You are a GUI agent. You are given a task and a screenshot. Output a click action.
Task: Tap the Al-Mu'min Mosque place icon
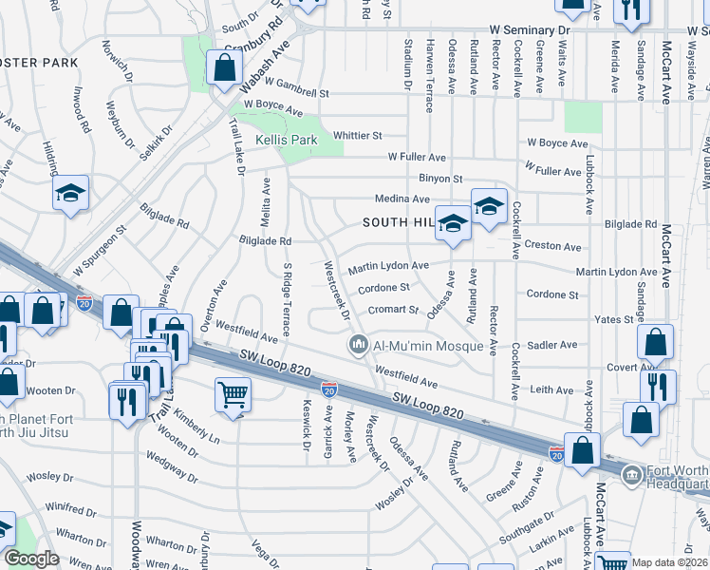coord(358,344)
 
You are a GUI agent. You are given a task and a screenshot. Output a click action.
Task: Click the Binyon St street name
coord(440,178)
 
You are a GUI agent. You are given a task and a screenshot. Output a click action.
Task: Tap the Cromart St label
coord(394,310)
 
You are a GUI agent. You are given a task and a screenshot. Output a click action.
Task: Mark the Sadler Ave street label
coord(551,347)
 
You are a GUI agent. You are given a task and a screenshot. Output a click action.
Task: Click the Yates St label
coord(613,319)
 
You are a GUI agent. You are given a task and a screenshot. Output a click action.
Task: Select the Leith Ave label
coord(551,390)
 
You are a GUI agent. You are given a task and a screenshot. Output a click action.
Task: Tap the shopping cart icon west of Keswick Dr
coord(233,392)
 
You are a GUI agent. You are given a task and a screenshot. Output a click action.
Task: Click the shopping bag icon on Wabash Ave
coord(225,68)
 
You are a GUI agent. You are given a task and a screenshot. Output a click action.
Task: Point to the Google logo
coord(31,559)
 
